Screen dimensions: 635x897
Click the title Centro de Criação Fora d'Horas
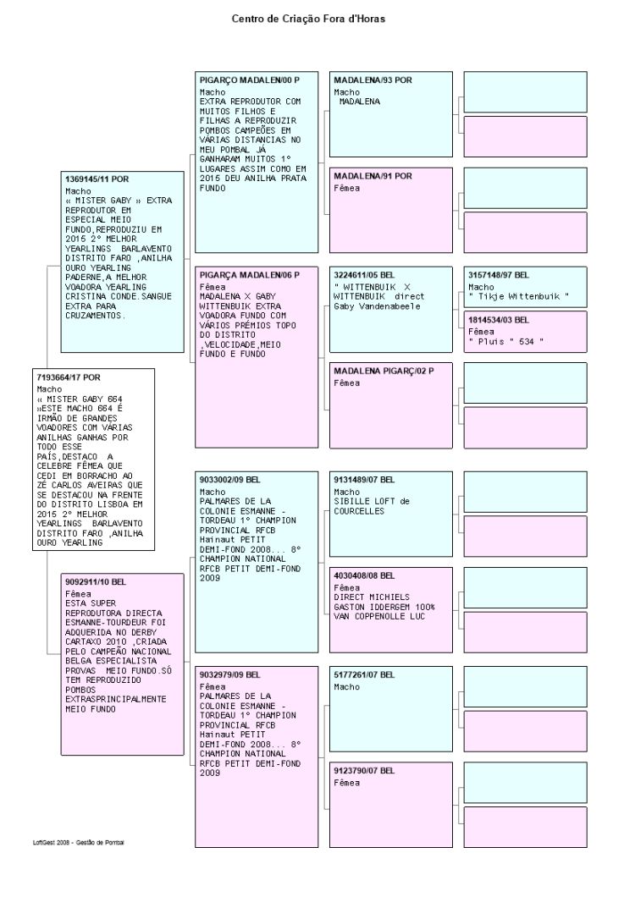coord(308,19)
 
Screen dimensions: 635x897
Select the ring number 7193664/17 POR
coord(68,377)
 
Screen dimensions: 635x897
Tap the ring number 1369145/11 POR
coord(97,179)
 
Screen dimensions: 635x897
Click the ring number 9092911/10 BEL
coord(96,582)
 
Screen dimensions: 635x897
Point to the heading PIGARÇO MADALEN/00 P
coord(250,80)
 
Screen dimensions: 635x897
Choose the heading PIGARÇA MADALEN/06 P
coord(250,275)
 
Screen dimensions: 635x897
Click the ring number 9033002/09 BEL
coord(230,480)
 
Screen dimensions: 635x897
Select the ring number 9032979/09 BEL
coord(230,675)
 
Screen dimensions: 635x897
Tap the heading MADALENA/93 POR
coord(373,80)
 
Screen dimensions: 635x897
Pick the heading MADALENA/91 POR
coord(373,176)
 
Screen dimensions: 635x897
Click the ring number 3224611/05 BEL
coord(364,275)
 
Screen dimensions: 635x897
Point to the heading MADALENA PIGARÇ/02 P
coord(384,371)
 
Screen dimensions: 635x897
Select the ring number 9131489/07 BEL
coord(364,480)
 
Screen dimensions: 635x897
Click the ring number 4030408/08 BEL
coord(364,575)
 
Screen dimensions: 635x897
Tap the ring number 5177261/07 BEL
coord(364,675)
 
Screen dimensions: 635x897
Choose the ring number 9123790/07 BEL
coord(364,771)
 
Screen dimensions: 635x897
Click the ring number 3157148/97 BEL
coord(499,275)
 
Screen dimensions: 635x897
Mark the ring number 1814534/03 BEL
coord(499,320)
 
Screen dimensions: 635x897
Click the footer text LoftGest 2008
coord(51,843)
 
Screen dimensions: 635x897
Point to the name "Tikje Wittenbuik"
coord(519,296)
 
